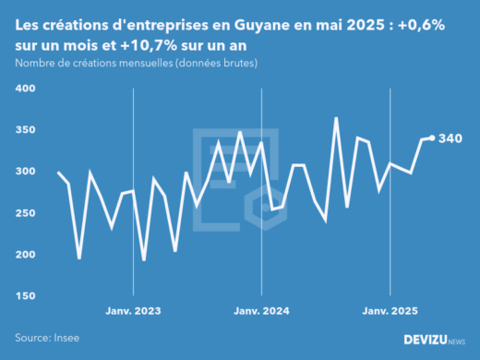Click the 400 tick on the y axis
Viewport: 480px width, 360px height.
[x=24, y=89]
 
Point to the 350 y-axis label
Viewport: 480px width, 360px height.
[x=24, y=130]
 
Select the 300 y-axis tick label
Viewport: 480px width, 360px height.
[x=24, y=172]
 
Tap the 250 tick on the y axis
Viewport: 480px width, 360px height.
[x=24, y=213]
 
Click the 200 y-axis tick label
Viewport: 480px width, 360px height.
[x=24, y=255]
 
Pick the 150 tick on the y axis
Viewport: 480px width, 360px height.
[x=24, y=296]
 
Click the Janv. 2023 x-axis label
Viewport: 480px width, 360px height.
[x=134, y=312]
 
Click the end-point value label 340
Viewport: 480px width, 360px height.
[x=451, y=138]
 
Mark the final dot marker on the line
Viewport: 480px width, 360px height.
[x=432, y=138]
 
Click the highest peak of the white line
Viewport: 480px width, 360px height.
[x=336, y=118]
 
